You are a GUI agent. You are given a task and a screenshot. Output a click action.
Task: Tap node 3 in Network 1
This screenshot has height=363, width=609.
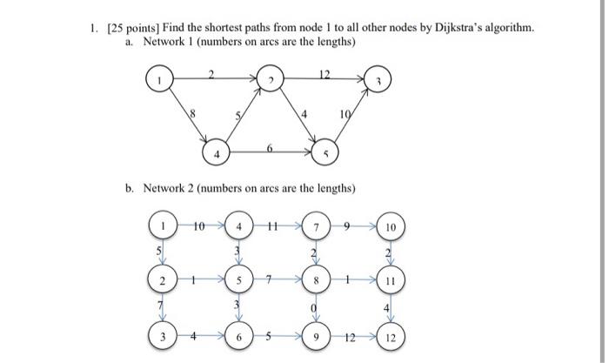(x=378, y=79)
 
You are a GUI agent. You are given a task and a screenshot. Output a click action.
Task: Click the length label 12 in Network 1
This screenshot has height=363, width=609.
(x=324, y=73)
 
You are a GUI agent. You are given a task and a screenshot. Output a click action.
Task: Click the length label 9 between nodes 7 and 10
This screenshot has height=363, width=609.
(x=348, y=226)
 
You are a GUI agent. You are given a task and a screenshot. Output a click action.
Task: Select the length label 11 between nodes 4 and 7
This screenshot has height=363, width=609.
(x=274, y=226)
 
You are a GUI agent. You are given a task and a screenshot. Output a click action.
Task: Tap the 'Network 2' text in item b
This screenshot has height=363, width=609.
(x=171, y=188)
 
